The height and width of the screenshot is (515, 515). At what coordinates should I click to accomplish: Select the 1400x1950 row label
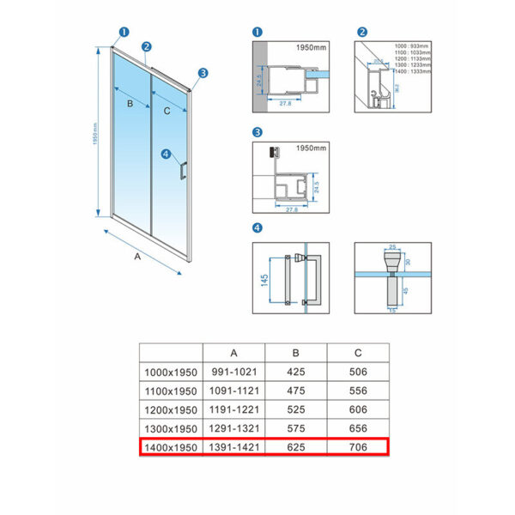click(x=171, y=447)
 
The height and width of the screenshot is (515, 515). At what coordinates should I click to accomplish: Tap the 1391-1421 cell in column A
click(x=234, y=447)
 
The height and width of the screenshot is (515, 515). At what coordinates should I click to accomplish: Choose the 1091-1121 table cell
click(x=234, y=391)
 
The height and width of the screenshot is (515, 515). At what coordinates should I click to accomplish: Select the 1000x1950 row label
click(x=171, y=372)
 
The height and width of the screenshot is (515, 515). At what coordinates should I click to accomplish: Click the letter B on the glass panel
click(x=130, y=104)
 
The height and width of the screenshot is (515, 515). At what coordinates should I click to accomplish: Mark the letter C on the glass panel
click(x=167, y=111)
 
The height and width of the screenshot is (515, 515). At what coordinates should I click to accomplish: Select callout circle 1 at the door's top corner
click(x=124, y=33)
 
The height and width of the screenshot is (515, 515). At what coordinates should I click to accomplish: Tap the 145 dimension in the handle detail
click(x=264, y=280)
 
